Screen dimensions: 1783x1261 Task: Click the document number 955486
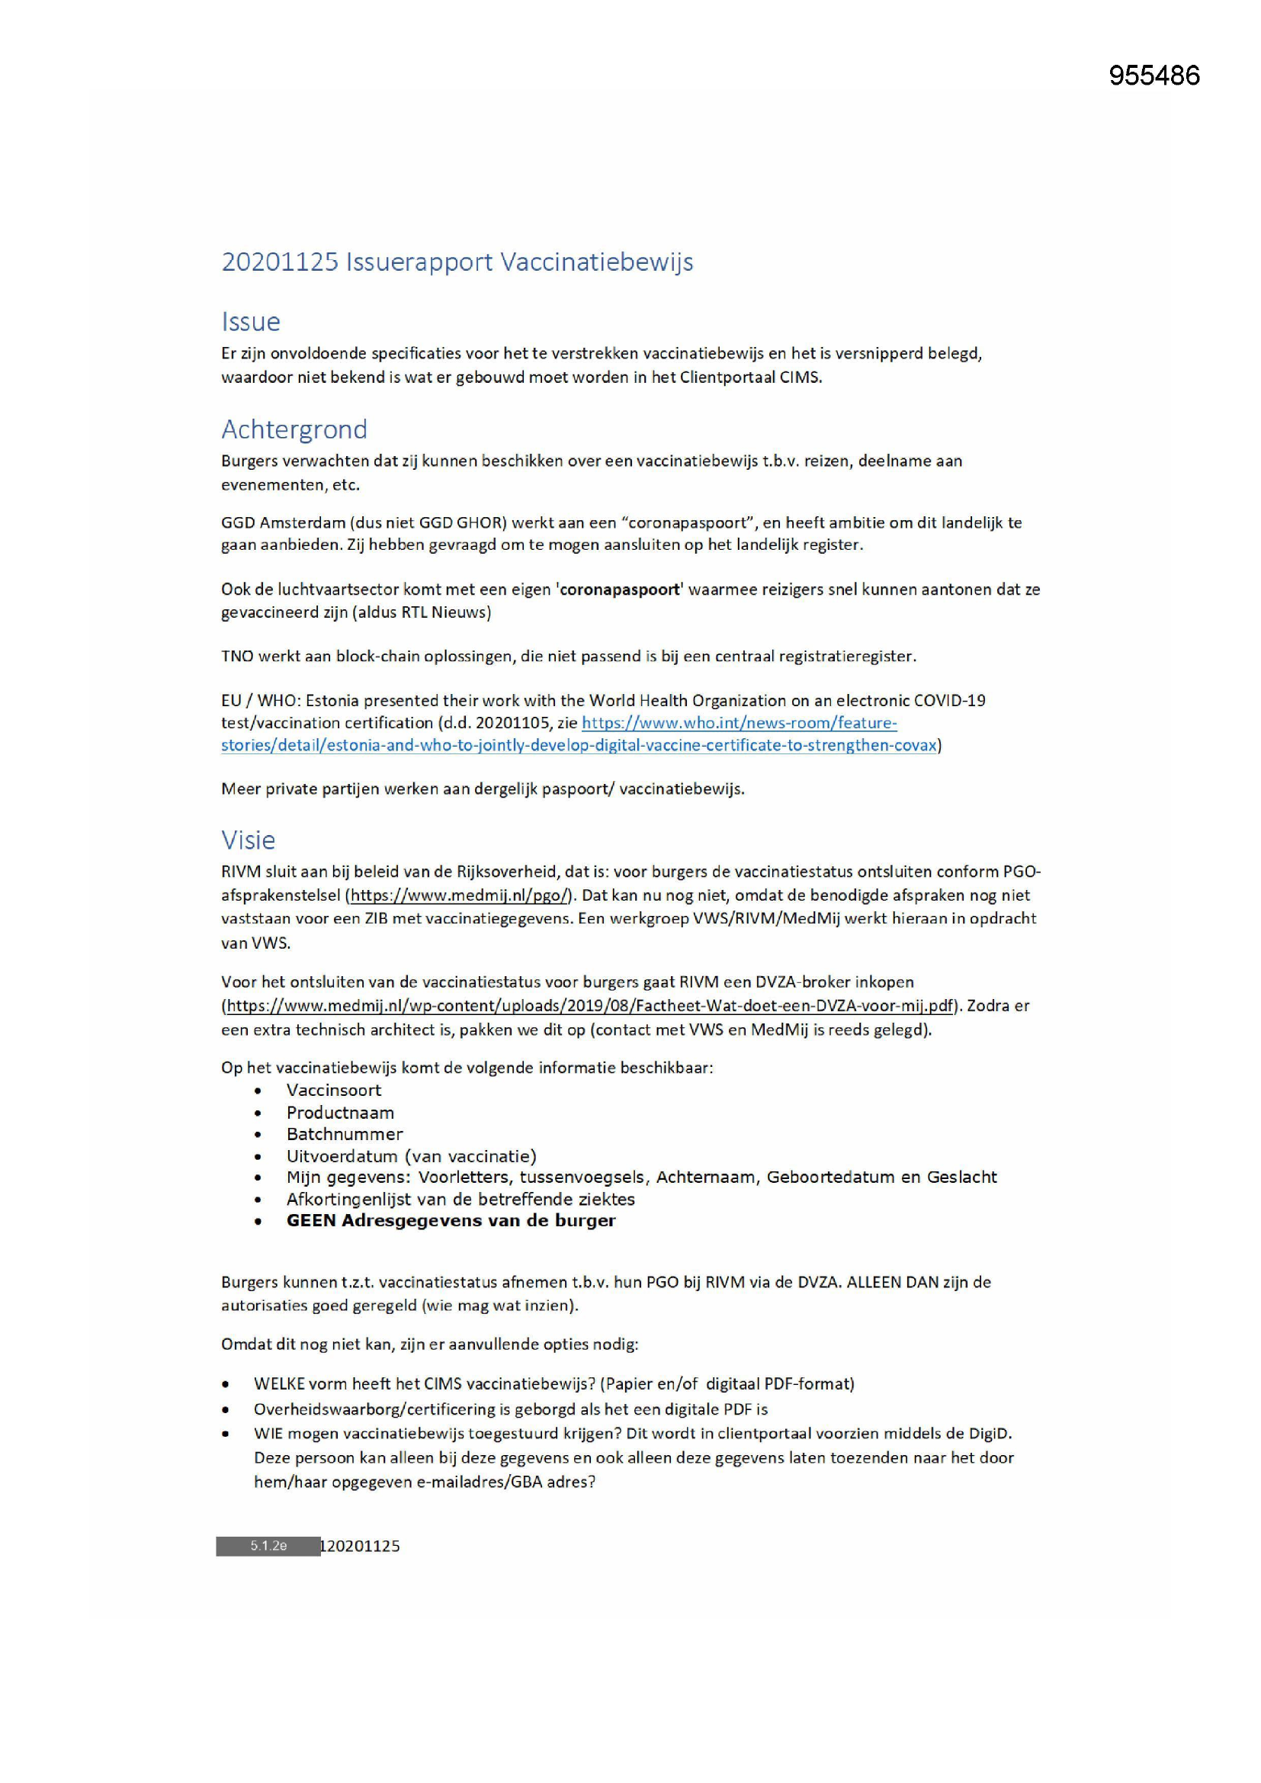click(x=1154, y=75)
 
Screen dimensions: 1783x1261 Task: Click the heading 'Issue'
click(x=250, y=322)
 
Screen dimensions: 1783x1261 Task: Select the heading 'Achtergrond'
click(x=294, y=429)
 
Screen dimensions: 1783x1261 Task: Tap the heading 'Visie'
click(x=248, y=840)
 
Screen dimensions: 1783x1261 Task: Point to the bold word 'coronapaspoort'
click(x=620, y=590)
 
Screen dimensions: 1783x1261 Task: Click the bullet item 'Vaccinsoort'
click(x=333, y=1090)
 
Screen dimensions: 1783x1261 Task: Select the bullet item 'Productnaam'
click(x=339, y=1112)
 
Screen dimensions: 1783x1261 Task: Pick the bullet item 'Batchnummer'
click(x=344, y=1134)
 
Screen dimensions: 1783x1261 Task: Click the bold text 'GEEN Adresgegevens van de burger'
click(x=451, y=1220)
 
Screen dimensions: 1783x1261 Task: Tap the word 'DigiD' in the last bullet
click(x=990, y=1433)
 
